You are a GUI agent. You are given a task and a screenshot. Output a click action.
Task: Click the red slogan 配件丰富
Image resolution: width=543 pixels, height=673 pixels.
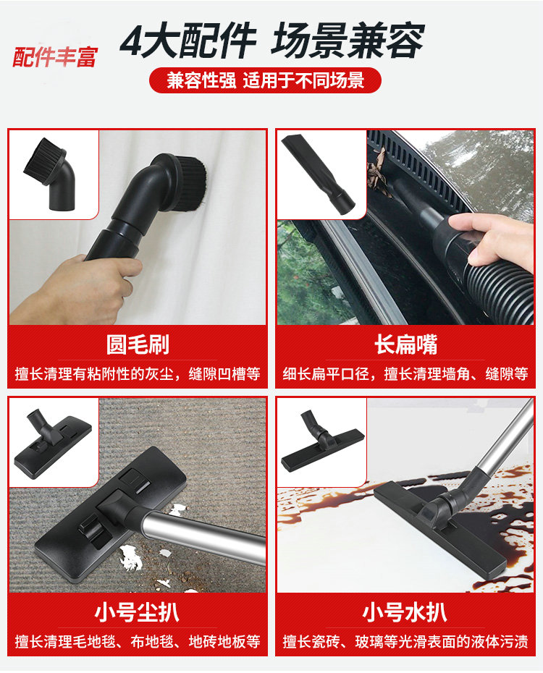click(x=55, y=57)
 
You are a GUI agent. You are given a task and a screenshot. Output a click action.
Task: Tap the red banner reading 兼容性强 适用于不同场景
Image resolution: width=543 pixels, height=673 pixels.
click(x=265, y=80)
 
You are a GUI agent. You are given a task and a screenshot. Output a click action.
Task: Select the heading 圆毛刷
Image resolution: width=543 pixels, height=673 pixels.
click(x=138, y=344)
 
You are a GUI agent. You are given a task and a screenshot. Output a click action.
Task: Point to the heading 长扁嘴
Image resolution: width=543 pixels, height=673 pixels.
click(x=405, y=344)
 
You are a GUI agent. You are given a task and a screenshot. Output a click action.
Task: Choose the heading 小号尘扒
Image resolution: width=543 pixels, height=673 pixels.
click(x=138, y=612)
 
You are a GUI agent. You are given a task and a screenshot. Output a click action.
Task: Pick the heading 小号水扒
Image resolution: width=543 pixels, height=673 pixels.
click(x=405, y=612)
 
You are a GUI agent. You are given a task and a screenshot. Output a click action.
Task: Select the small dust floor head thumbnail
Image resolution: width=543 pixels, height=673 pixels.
click(x=53, y=442)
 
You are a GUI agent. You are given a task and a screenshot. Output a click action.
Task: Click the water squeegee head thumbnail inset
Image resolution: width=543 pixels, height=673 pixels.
click(x=322, y=441)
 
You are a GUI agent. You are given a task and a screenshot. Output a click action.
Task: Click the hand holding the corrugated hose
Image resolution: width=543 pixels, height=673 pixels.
click(x=492, y=240)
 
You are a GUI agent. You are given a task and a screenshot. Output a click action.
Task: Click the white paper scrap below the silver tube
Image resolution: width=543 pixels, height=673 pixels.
click(x=131, y=557)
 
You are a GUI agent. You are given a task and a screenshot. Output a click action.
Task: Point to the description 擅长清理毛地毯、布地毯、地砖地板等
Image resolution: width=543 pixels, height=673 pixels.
click(x=138, y=642)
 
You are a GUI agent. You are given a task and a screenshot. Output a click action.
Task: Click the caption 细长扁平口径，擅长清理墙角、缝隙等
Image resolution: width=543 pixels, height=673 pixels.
click(x=405, y=374)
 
